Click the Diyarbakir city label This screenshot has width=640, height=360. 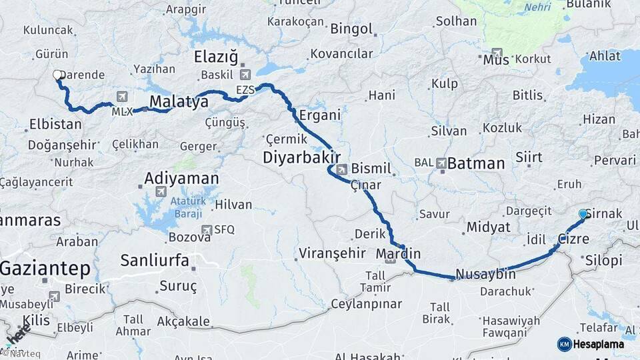click(297, 157)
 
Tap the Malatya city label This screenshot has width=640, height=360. click(179, 101)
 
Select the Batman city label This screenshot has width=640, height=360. click(476, 163)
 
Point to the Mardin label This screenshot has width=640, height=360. click(398, 253)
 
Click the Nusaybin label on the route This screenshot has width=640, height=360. click(486, 273)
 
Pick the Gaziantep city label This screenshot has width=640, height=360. click(45, 269)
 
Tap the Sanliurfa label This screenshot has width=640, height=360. click(155, 260)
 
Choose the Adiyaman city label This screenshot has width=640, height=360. click(182, 179)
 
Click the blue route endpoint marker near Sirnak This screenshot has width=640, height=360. click(583, 214)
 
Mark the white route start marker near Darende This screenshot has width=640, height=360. click(58, 76)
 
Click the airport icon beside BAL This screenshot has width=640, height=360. click(441, 163)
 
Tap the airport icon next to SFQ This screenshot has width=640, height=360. click(207, 230)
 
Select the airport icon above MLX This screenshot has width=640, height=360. click(121, 97)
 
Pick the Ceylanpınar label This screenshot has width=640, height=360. click(367, 304)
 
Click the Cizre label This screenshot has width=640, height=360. click(573, 239)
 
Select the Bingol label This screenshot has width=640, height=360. click(351, 29)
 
